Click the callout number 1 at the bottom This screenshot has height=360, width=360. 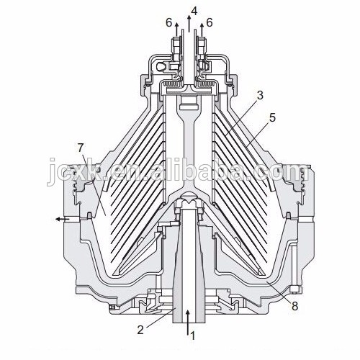click(193, 336)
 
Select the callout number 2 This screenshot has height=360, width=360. click(140, 330)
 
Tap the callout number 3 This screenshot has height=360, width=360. click(260, 95)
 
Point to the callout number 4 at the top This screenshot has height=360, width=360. click(194, 11)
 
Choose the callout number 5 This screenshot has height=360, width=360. click(272, 118)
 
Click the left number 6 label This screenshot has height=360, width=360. click(169, 23)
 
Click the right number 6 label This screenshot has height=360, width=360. click(210, 23)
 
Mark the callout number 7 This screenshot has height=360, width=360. click(81, 148)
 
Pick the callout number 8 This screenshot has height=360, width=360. click(294, 306)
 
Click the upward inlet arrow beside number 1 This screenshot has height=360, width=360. click(188, 322)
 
